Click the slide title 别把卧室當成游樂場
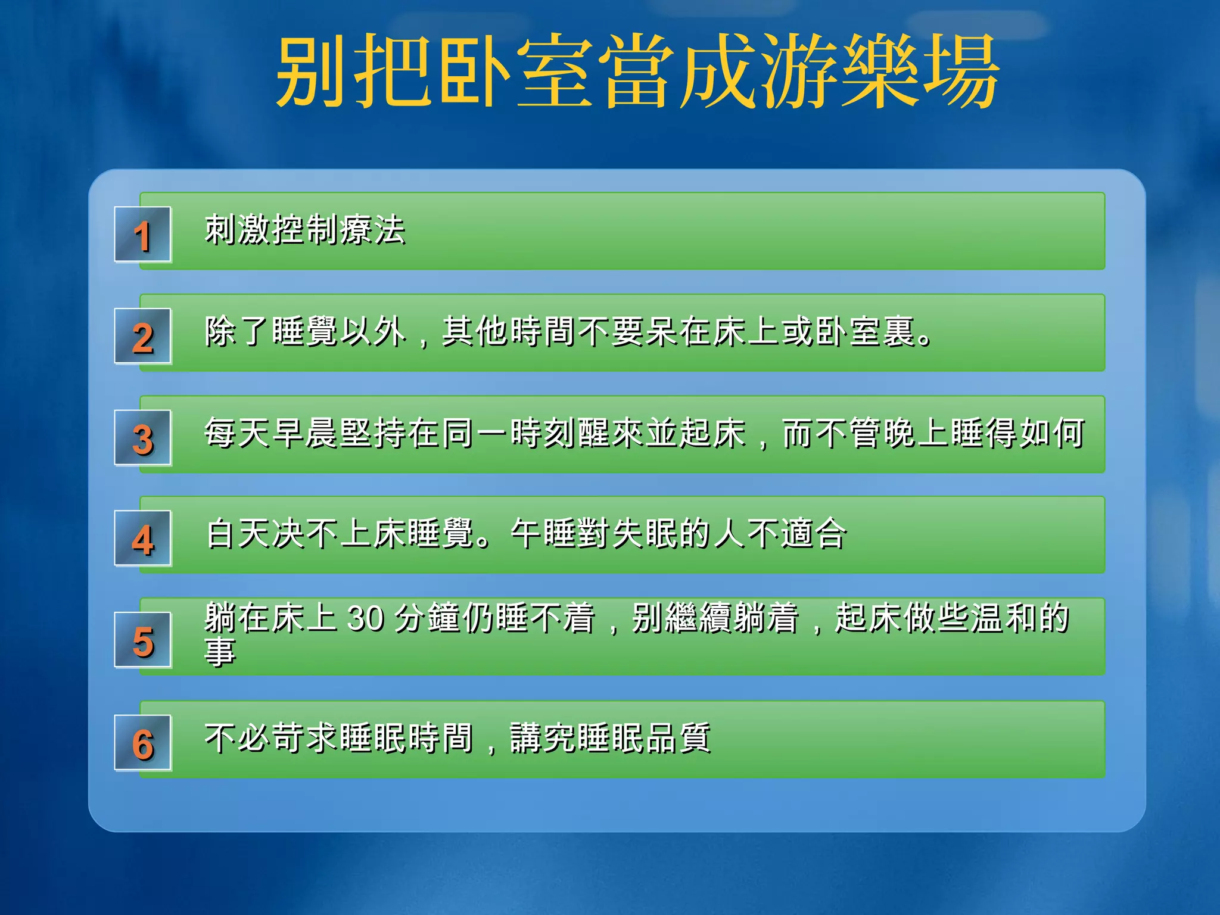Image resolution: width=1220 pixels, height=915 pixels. (x=637, y=71)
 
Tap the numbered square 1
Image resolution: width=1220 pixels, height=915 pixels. (x=143, y=235)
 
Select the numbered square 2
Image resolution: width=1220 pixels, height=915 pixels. (x=143, y=337)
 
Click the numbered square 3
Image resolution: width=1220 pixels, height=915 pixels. (x=143, y=438)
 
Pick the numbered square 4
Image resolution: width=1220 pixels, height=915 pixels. (x=143, y=539)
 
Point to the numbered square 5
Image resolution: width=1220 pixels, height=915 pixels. (x=143, y=640)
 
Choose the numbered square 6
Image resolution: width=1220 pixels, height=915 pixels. (x=143, y=743)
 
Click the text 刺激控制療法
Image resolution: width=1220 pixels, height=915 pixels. (x=305, y=230)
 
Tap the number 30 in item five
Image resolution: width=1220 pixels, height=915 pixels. (x=365, y=618)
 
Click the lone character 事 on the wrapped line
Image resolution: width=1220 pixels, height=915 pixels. (x=220, y=652)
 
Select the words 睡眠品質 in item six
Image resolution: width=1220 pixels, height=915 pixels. (x=645, y=738)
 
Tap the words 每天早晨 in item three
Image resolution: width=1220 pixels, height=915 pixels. (x=271, y=433)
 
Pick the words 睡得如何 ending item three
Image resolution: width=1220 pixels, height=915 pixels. (x=1017, y=433)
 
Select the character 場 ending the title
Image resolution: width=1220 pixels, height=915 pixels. (x=961, y=71)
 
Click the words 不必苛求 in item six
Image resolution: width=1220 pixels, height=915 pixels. (x=271, y=738)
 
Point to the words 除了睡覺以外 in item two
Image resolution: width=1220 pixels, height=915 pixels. (x=305, y=332)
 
